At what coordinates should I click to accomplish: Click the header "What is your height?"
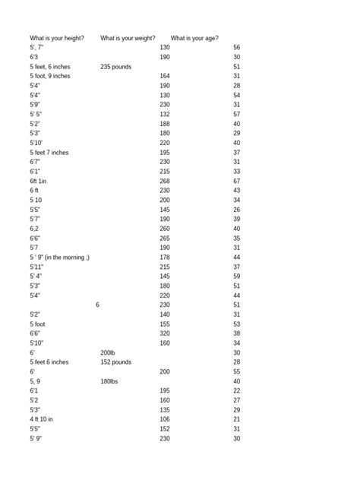(57, 38)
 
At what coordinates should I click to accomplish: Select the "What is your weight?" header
(128, 38)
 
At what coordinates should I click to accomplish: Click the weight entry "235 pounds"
(115, 67)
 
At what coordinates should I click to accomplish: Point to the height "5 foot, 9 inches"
(50, 76)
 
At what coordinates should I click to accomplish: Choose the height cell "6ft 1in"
(38, 182)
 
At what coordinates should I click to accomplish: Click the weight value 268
(165, 182)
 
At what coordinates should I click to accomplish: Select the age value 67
(237, 182)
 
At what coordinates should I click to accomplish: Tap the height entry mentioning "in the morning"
(60, 257)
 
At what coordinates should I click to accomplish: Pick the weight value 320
(165, 333)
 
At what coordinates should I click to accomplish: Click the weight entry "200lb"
(108, 353)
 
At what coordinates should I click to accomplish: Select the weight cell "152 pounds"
(115, 362)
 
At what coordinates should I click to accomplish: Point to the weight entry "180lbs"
(109, 381)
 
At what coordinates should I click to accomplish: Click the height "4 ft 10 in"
(42, 419)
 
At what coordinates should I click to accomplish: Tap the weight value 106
(165, 419)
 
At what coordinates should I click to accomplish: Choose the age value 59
(237, 276)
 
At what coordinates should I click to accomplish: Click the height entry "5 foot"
(38, 324)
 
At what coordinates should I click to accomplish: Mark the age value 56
(237, 48)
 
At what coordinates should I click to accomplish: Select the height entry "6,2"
(34, 229)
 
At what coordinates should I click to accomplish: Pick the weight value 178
(165, 257)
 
